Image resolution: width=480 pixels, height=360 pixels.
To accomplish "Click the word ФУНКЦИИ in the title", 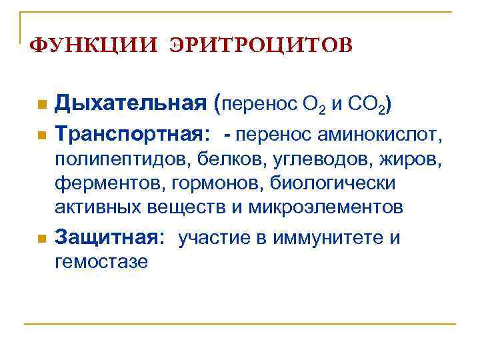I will (91, 45).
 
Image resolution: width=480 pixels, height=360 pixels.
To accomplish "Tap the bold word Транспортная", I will (133, 134).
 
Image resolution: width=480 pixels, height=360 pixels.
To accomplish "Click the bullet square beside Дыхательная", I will (42, 105).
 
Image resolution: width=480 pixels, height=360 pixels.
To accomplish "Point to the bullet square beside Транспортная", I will (42, 136).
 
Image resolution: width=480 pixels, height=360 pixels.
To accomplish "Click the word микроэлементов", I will (326, 207).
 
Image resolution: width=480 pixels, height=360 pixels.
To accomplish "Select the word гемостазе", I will (101, 261).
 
